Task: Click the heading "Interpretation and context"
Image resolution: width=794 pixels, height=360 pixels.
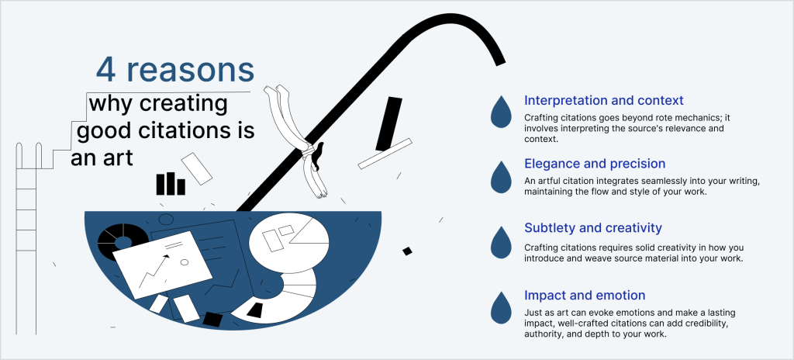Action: point(603,100)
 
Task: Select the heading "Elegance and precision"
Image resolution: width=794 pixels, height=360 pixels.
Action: point(595,164)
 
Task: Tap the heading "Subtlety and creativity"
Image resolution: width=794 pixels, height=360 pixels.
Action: point(593,228)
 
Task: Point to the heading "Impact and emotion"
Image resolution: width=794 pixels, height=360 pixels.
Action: point(585,295)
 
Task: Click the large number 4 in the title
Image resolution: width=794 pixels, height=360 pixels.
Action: point(105,70)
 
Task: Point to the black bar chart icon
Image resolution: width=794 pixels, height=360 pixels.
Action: point(171,184)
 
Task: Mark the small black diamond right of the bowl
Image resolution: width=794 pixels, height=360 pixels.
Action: point(407,251)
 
